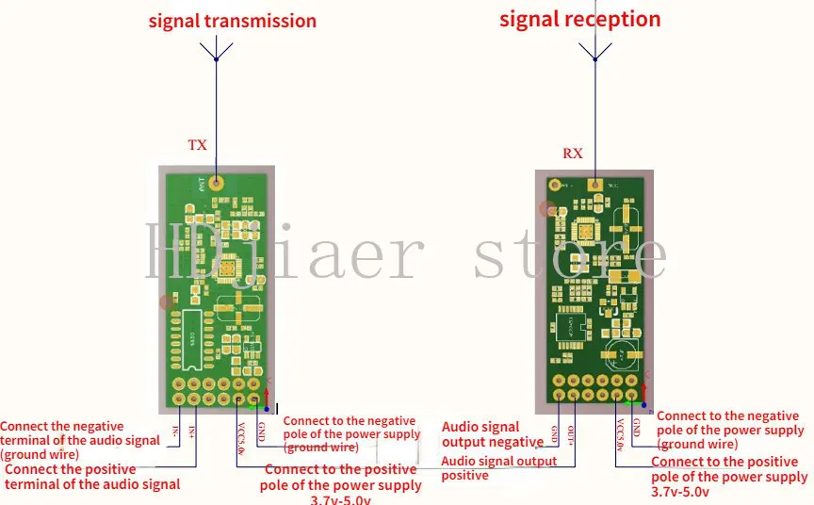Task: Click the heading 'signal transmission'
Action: [x=232, y=21]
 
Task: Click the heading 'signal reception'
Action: [x=579, y=19]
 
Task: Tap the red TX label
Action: [x=197, y=145]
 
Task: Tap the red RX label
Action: [x=573, y=153]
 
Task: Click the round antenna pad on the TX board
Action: [x=217, y=182]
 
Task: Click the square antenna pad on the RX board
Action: [x=594, y=185]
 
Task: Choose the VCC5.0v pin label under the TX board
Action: [x=240, y=435]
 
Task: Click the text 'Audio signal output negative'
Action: [x=492, y=434]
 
